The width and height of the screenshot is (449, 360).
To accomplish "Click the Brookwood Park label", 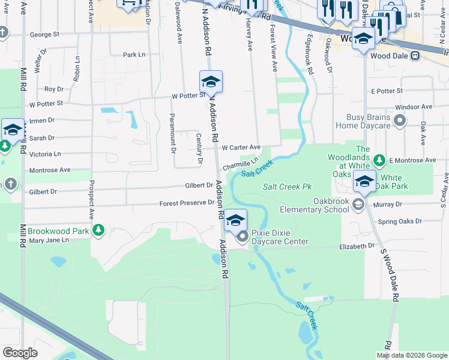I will (58, 230).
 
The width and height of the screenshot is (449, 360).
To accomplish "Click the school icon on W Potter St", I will (211, 81).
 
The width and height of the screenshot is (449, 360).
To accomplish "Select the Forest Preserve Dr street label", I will (187, 203).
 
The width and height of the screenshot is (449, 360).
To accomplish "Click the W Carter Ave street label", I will (241, 147).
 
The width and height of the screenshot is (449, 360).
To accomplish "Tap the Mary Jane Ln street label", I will (49, 240).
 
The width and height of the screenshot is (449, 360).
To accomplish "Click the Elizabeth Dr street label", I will (357, 246).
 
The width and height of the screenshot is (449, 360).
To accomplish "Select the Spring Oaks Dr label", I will (400, 221).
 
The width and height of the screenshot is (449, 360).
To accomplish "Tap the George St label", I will (44, 35).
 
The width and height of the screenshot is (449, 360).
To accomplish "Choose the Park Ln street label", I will (134, 55).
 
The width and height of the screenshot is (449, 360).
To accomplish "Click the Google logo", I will (20, 353).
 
